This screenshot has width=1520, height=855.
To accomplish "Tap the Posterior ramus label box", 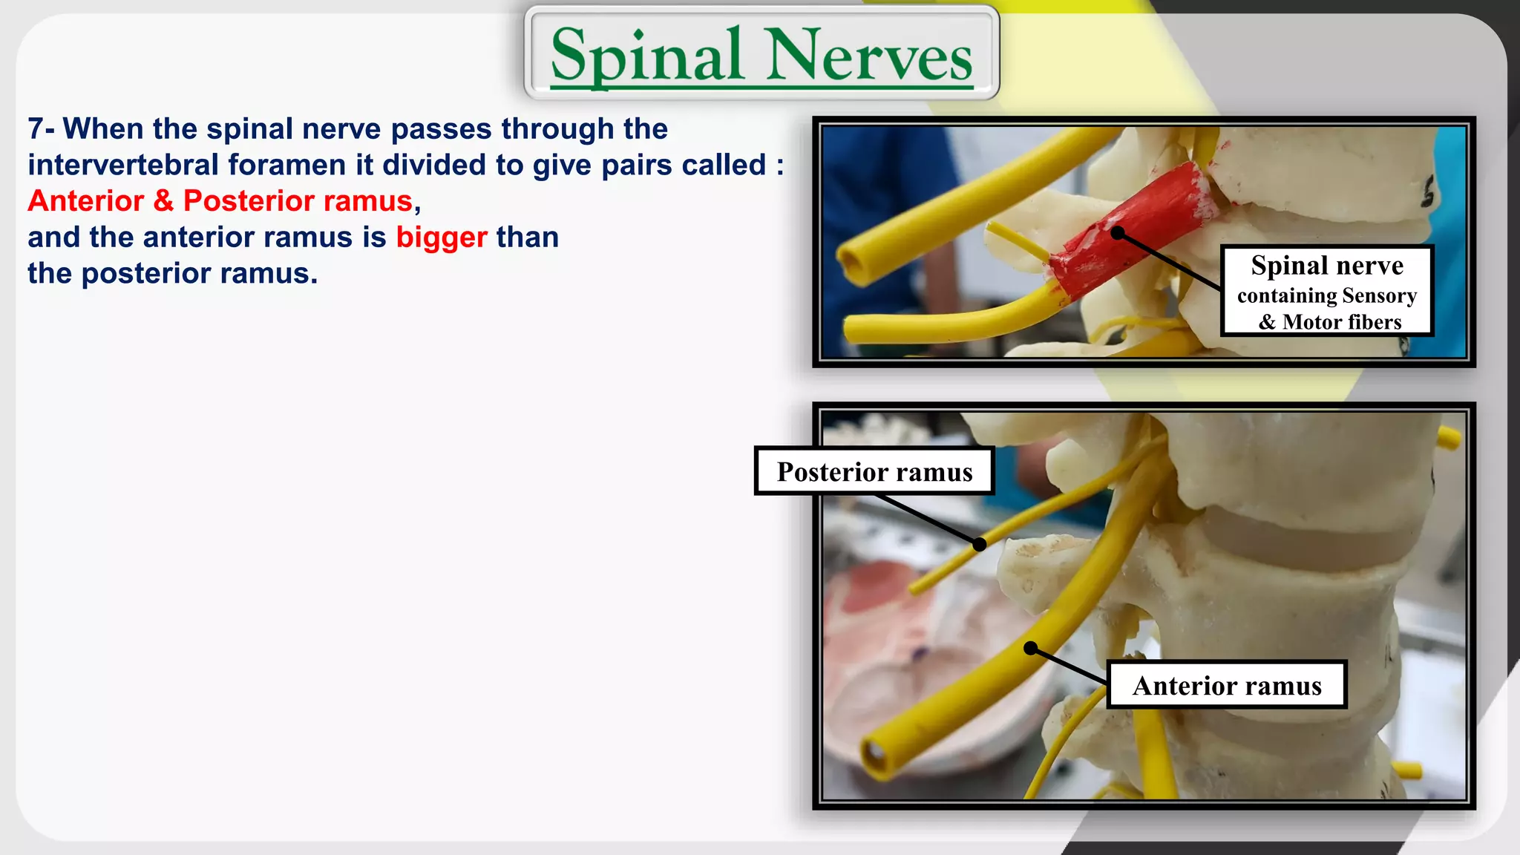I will [x=874, y=471].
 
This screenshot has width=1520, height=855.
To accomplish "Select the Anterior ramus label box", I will [x=1227, y=685].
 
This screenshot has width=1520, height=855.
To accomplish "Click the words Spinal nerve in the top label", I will [x=1327, y=265].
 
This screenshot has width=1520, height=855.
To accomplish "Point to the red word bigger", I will [x=442, y=237].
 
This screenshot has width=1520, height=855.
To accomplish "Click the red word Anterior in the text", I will [x=86, y=201].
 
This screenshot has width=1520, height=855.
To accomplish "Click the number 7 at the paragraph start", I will [x=36, y=129].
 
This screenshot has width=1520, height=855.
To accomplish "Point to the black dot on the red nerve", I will [x=1118, y=233].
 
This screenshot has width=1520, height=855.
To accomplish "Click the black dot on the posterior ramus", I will [x=980, y=545].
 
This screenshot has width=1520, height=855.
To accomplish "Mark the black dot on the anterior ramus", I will [x=1031, y=648].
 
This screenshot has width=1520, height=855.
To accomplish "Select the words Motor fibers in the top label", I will [x=1342, y=322].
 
